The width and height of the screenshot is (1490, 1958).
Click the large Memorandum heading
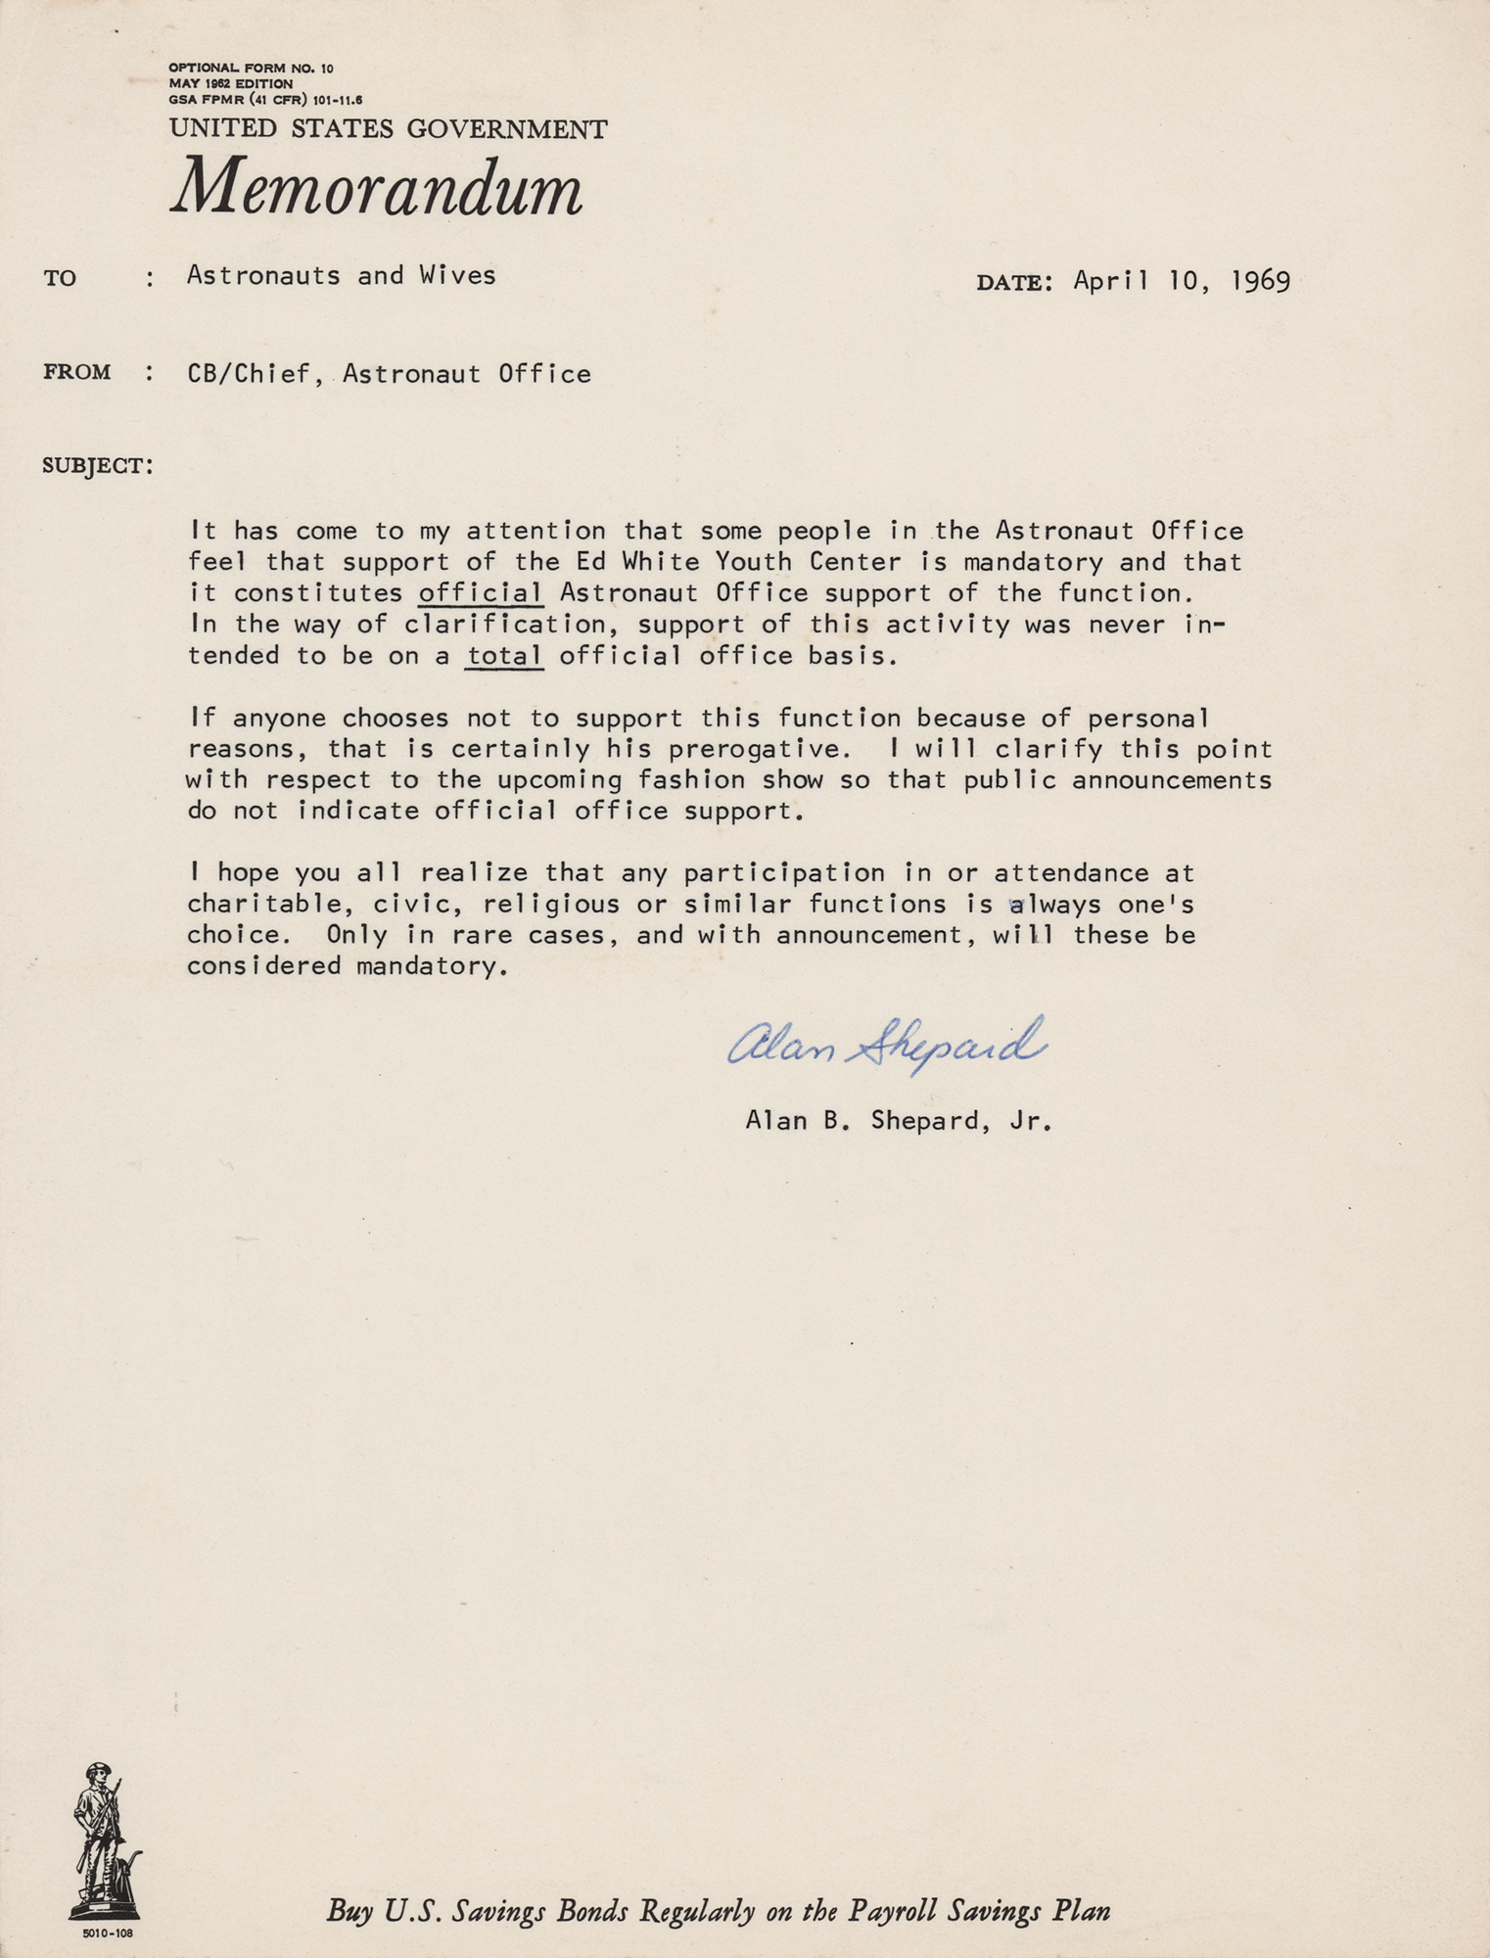pos(377,187)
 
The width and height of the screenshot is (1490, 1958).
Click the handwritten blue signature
pos(887,1045)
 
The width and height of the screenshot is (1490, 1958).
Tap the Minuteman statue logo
pos(104,1841)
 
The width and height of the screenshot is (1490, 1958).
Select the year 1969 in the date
pos(1260,282)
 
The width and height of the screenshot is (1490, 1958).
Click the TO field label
pos(60,279)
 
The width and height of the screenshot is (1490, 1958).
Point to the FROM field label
pos(76,372)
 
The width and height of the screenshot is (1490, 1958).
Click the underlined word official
pos(481,593)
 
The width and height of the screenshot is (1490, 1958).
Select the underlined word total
pos(504,656)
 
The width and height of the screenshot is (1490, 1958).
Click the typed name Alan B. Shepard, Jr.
pos(898,1120)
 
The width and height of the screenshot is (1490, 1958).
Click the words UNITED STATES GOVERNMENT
pos(388,128)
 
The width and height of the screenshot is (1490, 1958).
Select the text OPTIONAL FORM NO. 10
pos(251,69)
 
